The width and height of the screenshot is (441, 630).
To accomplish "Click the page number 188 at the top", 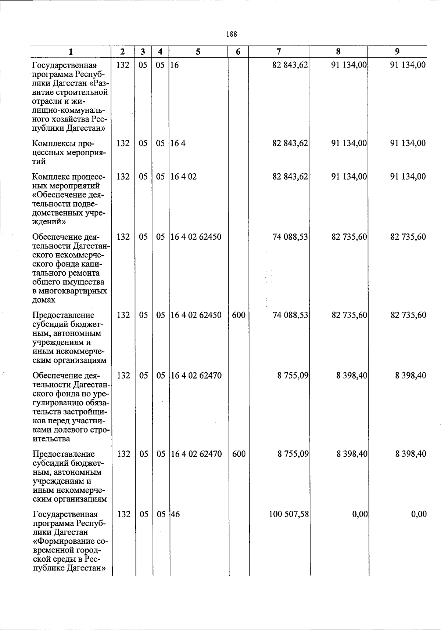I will [232, 34].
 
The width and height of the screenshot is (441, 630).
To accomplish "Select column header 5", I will [198, 52].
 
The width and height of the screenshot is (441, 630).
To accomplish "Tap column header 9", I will [397, 52].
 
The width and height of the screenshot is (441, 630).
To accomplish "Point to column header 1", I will [71, 52].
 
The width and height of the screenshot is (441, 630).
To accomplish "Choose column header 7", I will [279, 52].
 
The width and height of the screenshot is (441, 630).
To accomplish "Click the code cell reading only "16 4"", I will [178, 143].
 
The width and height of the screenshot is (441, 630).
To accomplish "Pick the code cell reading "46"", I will [175, 514].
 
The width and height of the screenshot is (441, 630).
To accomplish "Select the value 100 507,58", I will [288, 514].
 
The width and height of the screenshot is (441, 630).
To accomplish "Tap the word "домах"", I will [44, 300].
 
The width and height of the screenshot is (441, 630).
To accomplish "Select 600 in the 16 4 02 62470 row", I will [239, 454].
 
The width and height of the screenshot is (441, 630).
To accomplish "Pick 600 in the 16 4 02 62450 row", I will [239, 315].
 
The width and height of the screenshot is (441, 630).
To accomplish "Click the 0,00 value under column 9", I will [419, 514].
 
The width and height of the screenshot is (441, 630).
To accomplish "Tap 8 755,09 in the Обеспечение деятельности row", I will [293, 376].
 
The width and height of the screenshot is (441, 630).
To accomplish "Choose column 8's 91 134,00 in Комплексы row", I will [349, 143].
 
